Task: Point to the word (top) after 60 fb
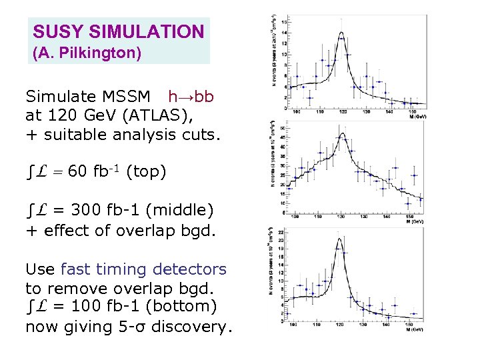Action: click(145, 172)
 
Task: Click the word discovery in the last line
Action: click(194, 326)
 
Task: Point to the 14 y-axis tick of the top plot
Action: click(285, 33)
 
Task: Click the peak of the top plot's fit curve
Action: click(341, 32)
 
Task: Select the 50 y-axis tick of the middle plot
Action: click(284, 128)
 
